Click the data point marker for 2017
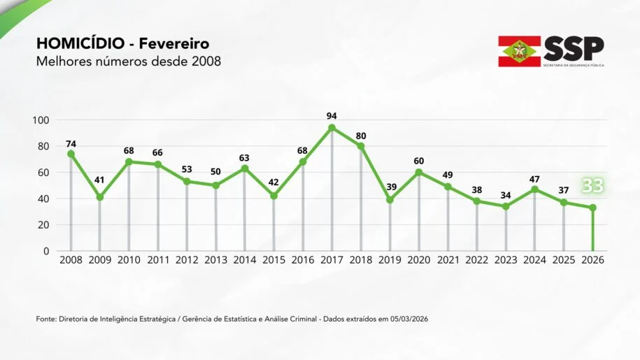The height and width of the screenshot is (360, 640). pos(332,128)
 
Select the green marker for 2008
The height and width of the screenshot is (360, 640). pos(71,154)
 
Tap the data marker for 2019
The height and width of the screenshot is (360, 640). pos(390,200)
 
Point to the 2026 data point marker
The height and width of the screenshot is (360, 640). pos(592,208)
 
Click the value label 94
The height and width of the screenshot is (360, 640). pos(332,115)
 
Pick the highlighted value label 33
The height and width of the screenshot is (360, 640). pos(592,186)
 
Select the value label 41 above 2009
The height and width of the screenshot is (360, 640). pos(99,180)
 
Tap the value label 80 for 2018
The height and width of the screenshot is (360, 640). pos(361,136)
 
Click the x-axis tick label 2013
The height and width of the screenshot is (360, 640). pos(215,260)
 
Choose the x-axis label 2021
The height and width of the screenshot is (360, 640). pos(448,260)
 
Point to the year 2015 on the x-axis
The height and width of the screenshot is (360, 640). pos(273,260)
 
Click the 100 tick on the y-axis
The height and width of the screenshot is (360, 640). pos(41,120)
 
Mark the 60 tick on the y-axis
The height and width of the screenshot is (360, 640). pos(43,173)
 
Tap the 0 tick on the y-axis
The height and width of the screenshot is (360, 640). pos(46,251)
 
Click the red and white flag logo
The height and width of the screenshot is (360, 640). pos(519,51)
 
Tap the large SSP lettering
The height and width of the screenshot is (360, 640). pos(574,48)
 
